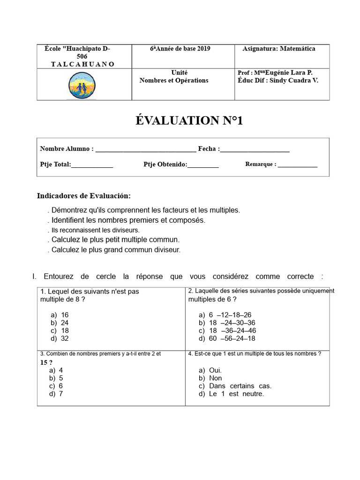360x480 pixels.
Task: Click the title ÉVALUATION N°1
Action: pyautogui.click(x=189, y=121)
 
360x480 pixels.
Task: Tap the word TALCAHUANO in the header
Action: pyautogui.click(x=82, y=64)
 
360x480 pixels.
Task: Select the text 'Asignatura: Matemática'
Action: pyautogui.click(x=278, y=49)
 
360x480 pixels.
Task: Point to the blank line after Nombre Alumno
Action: pyautogui.click(x=145, y=150)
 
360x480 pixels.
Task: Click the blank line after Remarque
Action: pyautogui.click(x=297, y=165)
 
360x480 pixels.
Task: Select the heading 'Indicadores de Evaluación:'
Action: pyautogui.click(x=84, y=195)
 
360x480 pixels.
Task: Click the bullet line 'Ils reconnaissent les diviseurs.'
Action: pyautogui.click(x=95, y=230)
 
